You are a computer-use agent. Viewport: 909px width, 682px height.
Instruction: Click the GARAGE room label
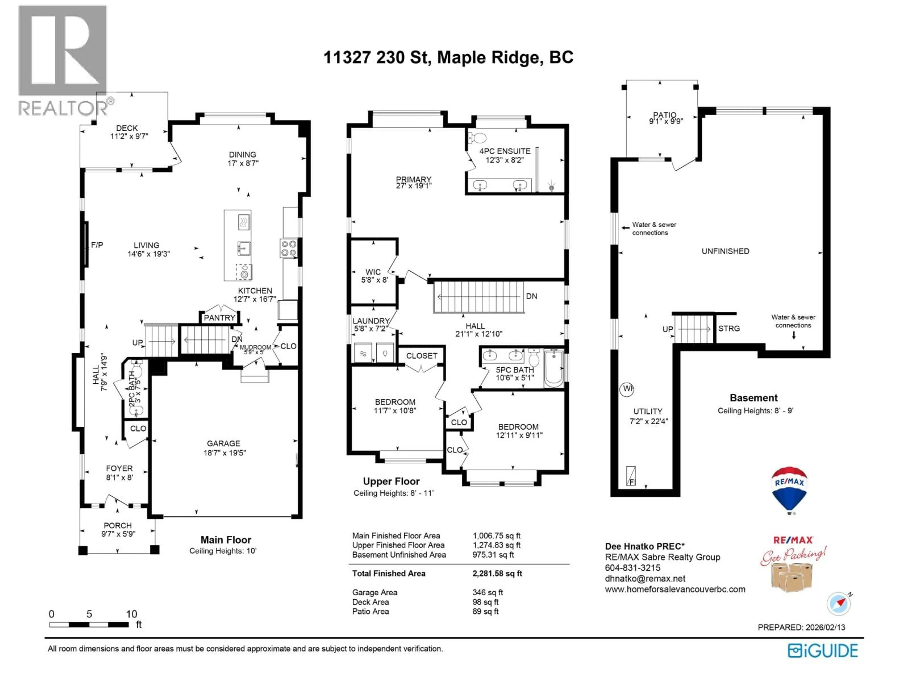tap(223, 443)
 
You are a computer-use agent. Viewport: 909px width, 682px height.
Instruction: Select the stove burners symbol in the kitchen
tap(289, 248)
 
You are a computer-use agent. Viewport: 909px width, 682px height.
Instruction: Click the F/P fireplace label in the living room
tap(97, 245)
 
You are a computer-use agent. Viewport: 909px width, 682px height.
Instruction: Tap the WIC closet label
tap(373, 272)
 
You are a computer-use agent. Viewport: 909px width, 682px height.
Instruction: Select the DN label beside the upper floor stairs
tap(531, 296)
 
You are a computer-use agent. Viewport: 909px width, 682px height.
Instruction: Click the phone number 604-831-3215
tap(633, 568)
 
